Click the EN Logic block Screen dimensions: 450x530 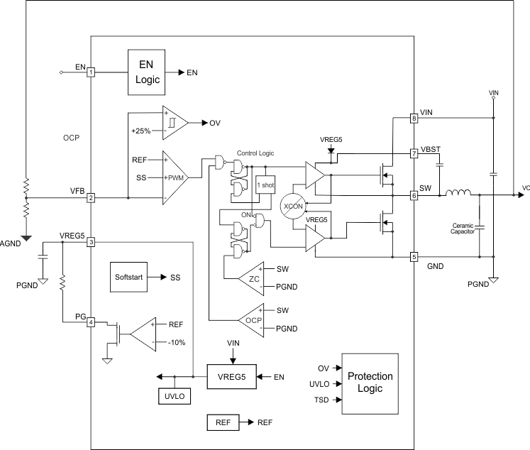148,72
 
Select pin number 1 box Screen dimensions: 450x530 91,72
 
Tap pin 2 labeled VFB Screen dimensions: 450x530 91,198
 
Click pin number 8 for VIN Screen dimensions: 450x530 414,118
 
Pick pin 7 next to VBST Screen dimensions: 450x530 414,153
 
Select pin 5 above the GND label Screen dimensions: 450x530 414,256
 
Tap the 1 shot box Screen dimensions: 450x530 265,185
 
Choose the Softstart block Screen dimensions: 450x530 128,276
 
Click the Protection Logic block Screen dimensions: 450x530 369,383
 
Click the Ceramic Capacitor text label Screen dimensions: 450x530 465,229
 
